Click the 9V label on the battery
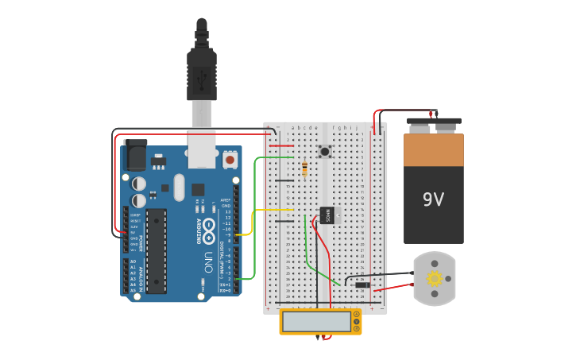point(433,199)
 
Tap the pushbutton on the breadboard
point(324,151)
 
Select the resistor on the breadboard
point(305,168)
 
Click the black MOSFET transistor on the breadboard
point(327,215)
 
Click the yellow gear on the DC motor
point(435,278)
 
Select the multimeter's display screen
point(316,321)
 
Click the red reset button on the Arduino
point(230,160)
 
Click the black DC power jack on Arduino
point(135,155)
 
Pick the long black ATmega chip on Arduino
point(157,250)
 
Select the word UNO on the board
point(208,260)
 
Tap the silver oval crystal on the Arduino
point(179,188)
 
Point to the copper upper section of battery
point(433,149)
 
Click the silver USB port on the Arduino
point(202,149)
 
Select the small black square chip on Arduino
point(197,190)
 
